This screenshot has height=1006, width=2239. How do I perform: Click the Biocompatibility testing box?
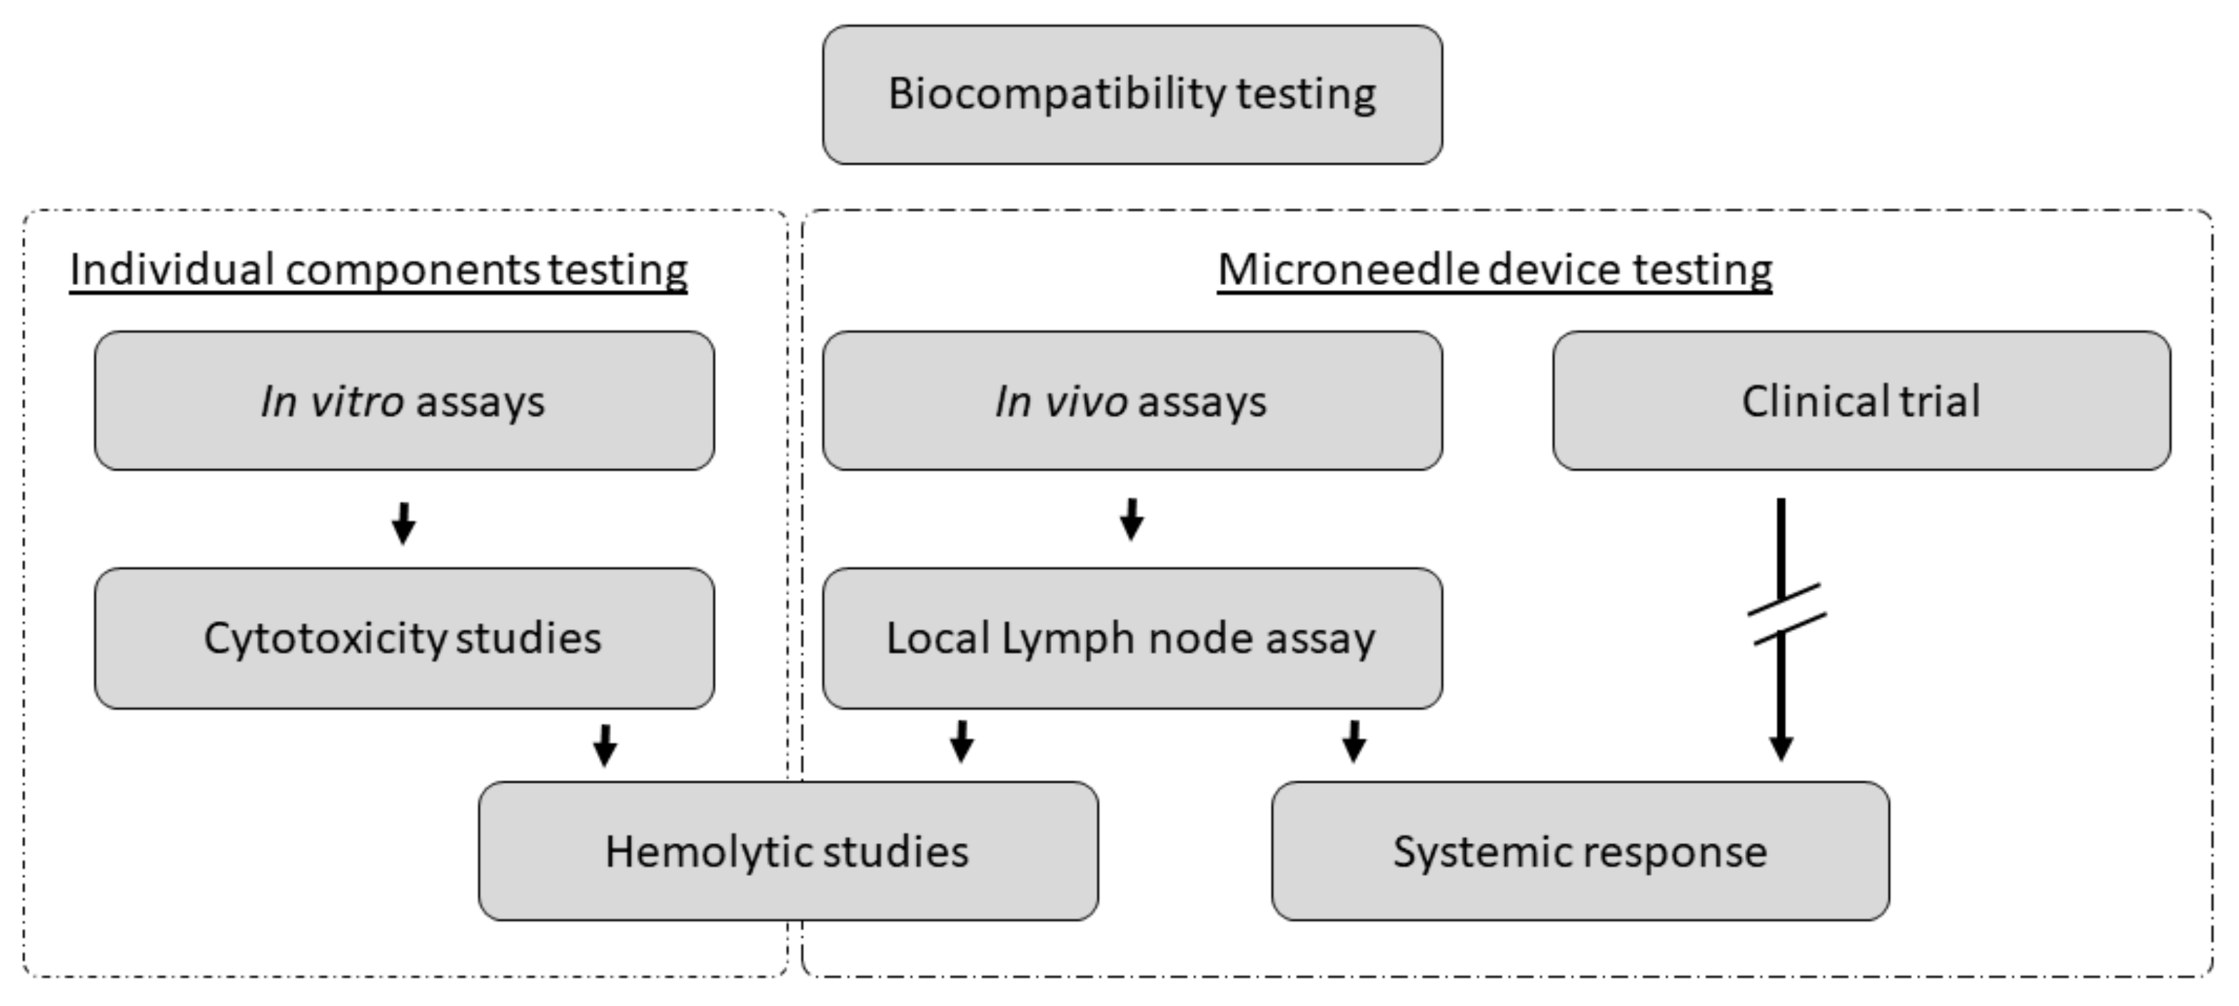click(1132, 94)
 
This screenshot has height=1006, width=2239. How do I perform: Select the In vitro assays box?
click(404, 401)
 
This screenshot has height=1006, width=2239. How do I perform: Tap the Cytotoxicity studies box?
click(404, 638)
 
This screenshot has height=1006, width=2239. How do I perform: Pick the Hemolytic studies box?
click(788, 851)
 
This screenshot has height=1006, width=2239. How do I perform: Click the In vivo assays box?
click(1132, 401)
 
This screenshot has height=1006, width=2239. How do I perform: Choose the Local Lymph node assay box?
click(1132, 638)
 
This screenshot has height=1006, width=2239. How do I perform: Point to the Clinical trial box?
click(1861, 401)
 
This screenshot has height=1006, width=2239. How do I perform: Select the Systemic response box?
click(1579, 851)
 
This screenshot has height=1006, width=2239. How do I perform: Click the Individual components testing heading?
click(378, 269)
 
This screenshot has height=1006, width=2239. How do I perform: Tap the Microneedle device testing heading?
click(1494, 269)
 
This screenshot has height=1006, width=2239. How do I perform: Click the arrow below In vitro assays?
click(403, 524)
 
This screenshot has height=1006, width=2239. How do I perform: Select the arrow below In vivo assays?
click(1131, 520)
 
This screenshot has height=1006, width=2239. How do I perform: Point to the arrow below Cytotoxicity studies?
click(605, 745)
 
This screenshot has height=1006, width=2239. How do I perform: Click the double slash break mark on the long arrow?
click(1786, 614)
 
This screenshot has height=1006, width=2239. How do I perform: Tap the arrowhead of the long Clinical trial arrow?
click(1781, 748)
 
